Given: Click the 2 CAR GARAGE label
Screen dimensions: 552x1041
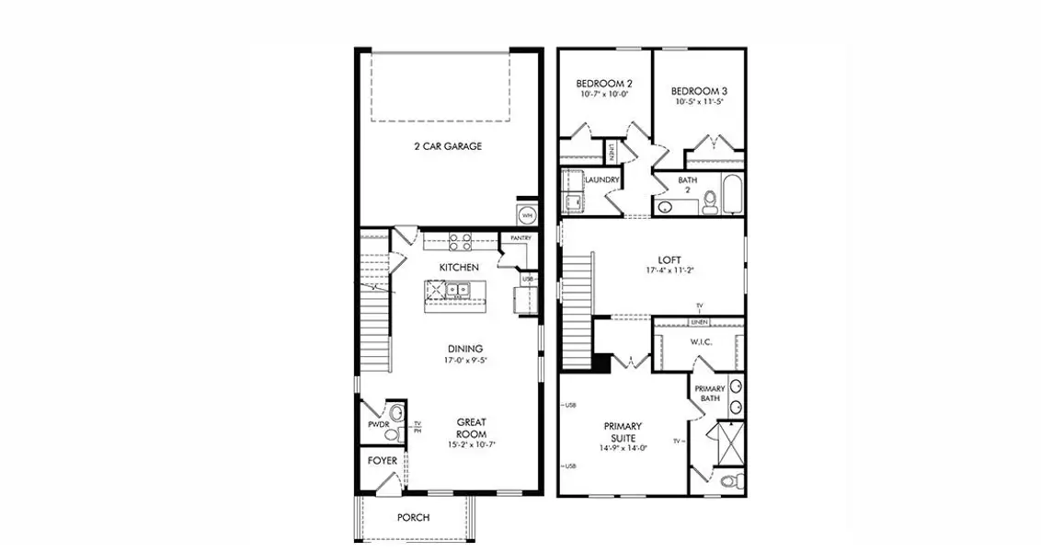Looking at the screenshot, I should [x=447, y=146].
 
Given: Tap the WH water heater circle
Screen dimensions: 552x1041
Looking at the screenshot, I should [x=527, y=215].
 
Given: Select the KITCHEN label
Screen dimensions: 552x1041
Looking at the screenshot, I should [x=458, y=267].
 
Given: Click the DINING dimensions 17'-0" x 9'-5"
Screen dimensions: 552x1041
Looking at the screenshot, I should [x=465, y=361].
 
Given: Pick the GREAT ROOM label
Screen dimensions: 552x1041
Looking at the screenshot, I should [x=471, y=428].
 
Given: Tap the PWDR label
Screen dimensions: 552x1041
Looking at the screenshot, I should [x=377, y=425].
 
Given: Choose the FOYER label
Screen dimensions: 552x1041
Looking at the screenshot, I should [x=383, y=460].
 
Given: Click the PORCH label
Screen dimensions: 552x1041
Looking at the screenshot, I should [x=413, y=517].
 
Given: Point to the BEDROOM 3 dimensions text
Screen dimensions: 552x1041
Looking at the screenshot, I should [x=698, y=102].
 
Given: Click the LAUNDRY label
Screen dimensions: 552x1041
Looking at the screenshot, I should [x=601, y=179].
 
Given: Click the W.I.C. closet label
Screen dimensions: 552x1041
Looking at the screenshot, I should [x=702, y=342].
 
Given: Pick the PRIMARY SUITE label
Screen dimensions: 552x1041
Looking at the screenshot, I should [x=623, y=431].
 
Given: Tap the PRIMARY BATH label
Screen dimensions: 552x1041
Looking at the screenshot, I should [x=708, y=393].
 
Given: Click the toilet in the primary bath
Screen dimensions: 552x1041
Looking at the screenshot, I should [x=729, y=481].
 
